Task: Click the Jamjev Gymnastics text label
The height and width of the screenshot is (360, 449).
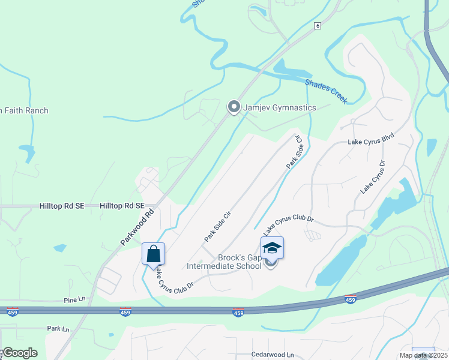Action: pyautogui.click(x=279, y=107)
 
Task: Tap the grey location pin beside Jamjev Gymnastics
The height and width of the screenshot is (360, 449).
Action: pyautogui.click(x=234, y=107)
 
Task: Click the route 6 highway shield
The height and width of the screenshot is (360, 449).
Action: pyautogui.click(x=317, y=26)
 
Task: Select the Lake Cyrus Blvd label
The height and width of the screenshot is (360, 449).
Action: pyautogui.click(x=371, y=142)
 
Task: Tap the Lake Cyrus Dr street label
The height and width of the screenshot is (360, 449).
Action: pyautogui.click(x=373, y=178)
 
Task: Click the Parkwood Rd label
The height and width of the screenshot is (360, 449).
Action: pyautogui.click(x=137, y=227)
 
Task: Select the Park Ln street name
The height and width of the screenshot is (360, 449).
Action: pyautogui.click(x=58, y=329)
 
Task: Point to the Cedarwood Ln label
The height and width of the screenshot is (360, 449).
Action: pyautogui.click(x=273, y=355)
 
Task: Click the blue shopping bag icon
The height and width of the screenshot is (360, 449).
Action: pyautogui.click(x=153, y=253)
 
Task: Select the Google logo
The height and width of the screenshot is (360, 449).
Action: pyautogui.click(x=19, y=353)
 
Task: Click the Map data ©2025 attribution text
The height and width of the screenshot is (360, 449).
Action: pyautogui.click(x=423, y=355)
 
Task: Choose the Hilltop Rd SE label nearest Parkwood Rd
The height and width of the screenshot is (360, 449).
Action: pyautogui.click(x=122, y=205)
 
